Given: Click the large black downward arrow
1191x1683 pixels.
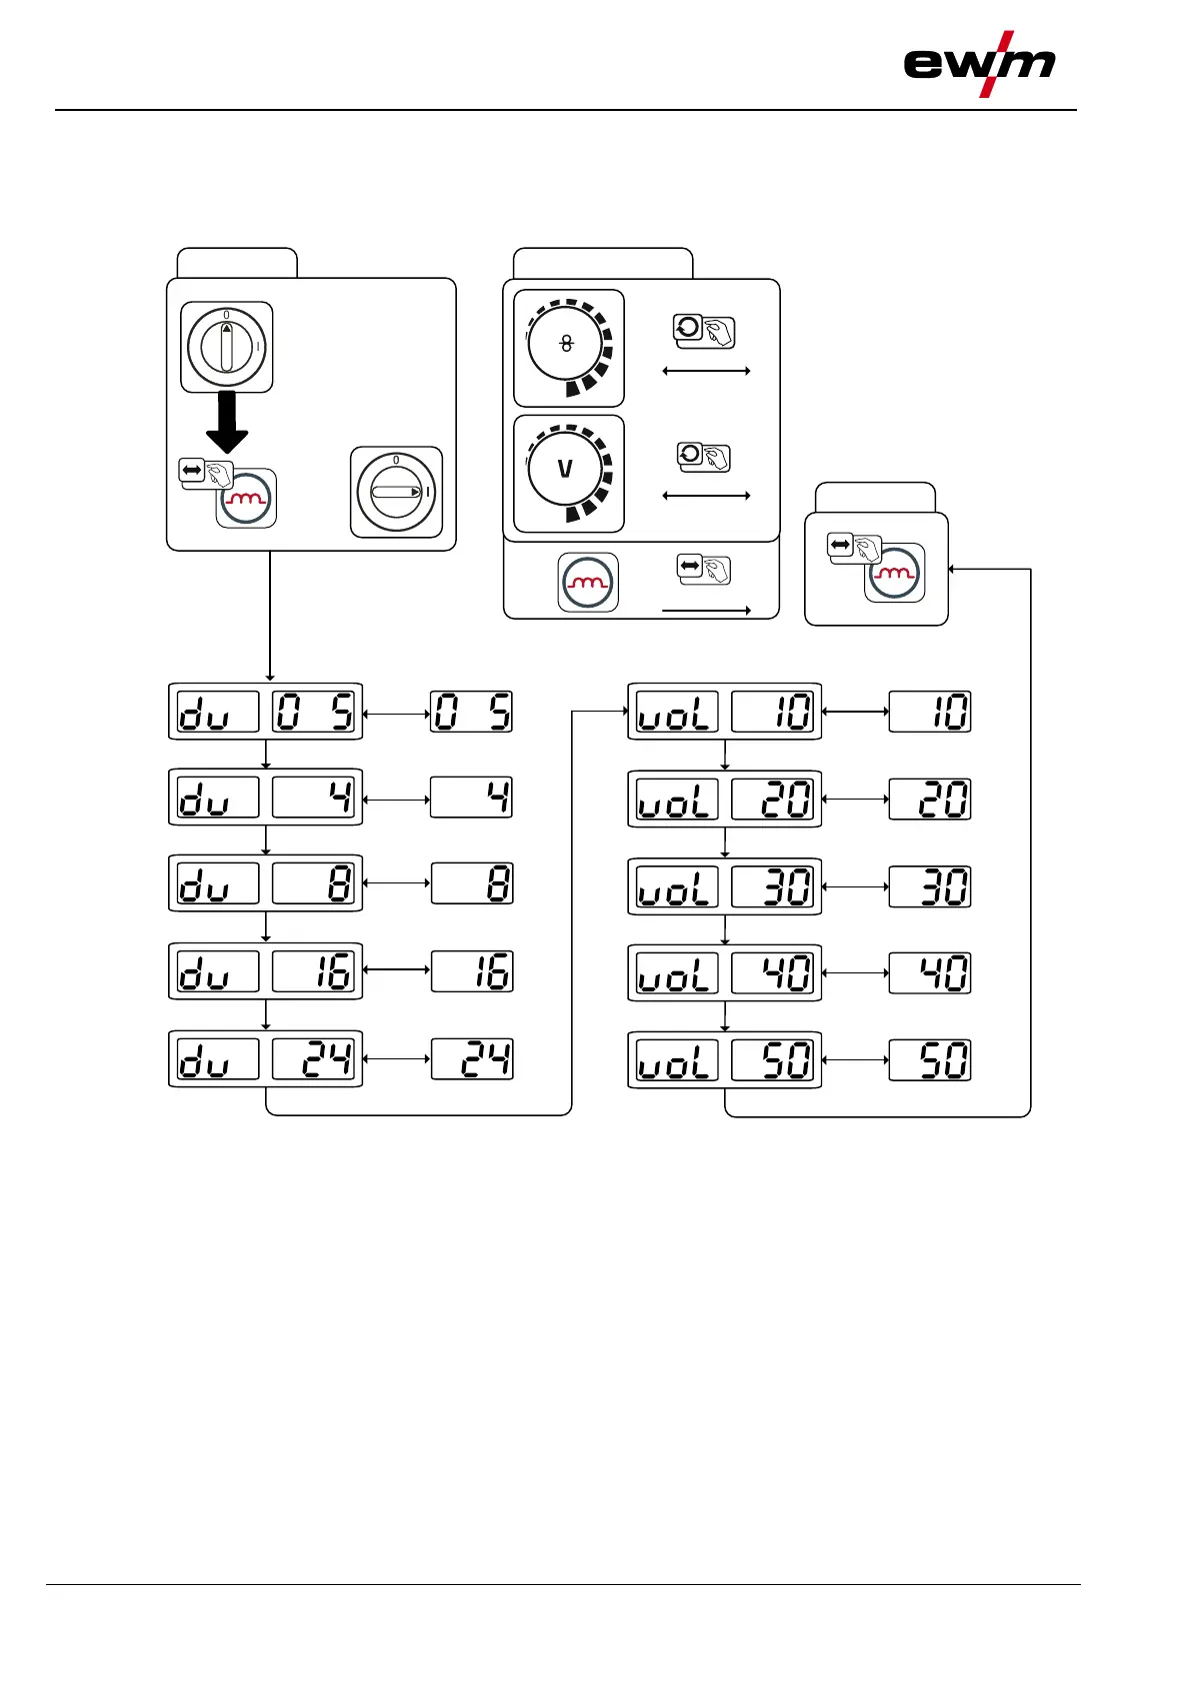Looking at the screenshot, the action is tap(227, 422).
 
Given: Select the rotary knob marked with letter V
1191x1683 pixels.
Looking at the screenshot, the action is tap(566, 469).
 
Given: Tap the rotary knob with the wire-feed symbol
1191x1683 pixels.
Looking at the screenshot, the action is tap(566, 344).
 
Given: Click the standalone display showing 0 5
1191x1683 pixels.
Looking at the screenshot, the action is tap(471, 713).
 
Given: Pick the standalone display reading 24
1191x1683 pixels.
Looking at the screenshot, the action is tap(472, 1059).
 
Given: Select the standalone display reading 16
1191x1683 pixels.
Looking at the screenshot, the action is tap(472, 971).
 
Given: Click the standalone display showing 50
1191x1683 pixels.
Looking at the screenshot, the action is tap(930, 1060).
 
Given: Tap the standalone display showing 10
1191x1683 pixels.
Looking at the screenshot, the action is tap(930, 713).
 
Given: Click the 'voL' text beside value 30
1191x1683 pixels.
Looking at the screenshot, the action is tap(677, 886).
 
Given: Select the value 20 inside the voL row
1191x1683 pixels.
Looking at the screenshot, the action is tap(773, 800).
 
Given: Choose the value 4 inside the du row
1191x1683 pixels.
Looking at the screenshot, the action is tap(314, 798).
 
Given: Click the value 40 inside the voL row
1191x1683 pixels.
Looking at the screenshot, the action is tap(773, 973).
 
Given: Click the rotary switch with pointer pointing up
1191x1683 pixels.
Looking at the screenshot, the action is tap(227, 347).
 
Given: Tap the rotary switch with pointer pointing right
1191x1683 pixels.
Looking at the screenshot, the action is tap(396, 492).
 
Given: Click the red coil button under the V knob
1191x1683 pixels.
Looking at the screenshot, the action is tap(588, 582).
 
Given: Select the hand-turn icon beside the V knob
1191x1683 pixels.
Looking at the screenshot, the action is tap(704, 458).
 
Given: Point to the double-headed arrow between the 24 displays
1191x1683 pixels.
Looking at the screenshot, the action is tap(397, 1059).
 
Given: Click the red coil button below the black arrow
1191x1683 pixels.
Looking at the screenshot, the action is tap(246, 499).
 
